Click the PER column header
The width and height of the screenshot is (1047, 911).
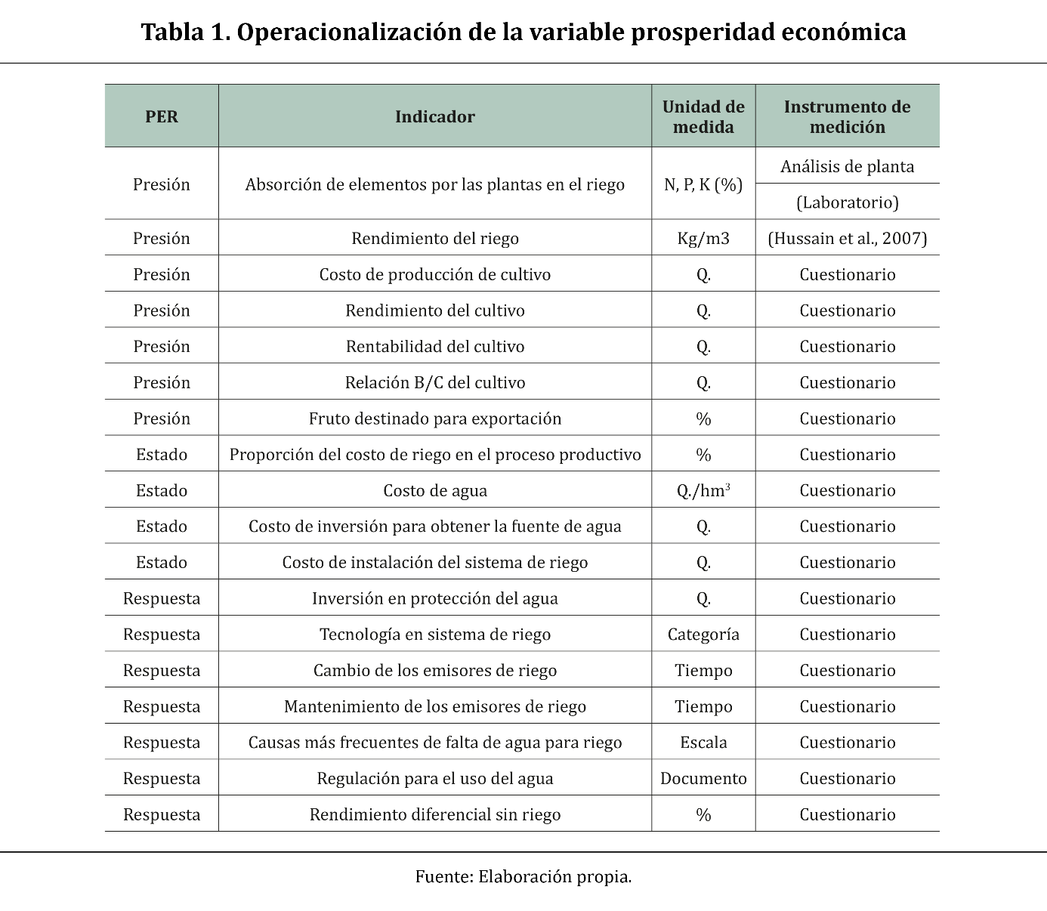[162, 116]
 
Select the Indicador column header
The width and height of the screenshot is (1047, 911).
[435, 116]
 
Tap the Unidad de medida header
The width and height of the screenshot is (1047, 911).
[703, 116]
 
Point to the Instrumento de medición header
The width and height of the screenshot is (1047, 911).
[847, 116]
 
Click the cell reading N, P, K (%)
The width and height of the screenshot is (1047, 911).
[703, 184]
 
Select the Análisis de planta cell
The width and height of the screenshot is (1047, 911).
[847, 166]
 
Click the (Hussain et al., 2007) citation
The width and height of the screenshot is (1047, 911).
[847, 239]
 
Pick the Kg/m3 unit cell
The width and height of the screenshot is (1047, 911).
[703, 239]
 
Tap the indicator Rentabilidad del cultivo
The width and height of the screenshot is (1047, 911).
[435, 347]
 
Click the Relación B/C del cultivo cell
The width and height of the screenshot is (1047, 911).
[435, 383]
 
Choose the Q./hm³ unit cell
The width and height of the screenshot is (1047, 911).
[703, 491]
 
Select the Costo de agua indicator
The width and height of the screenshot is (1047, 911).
[435, 491]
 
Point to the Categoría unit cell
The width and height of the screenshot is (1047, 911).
[703, 635]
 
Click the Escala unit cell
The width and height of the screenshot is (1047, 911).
[703, 743]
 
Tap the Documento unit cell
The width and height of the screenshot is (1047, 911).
[703, 779]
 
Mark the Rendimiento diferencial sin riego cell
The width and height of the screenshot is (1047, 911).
[435, 815]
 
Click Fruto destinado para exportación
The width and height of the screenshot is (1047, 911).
[435, 419]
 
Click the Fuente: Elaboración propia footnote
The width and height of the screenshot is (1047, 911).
[523, 877]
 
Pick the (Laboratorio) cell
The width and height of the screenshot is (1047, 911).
[847, 202]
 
